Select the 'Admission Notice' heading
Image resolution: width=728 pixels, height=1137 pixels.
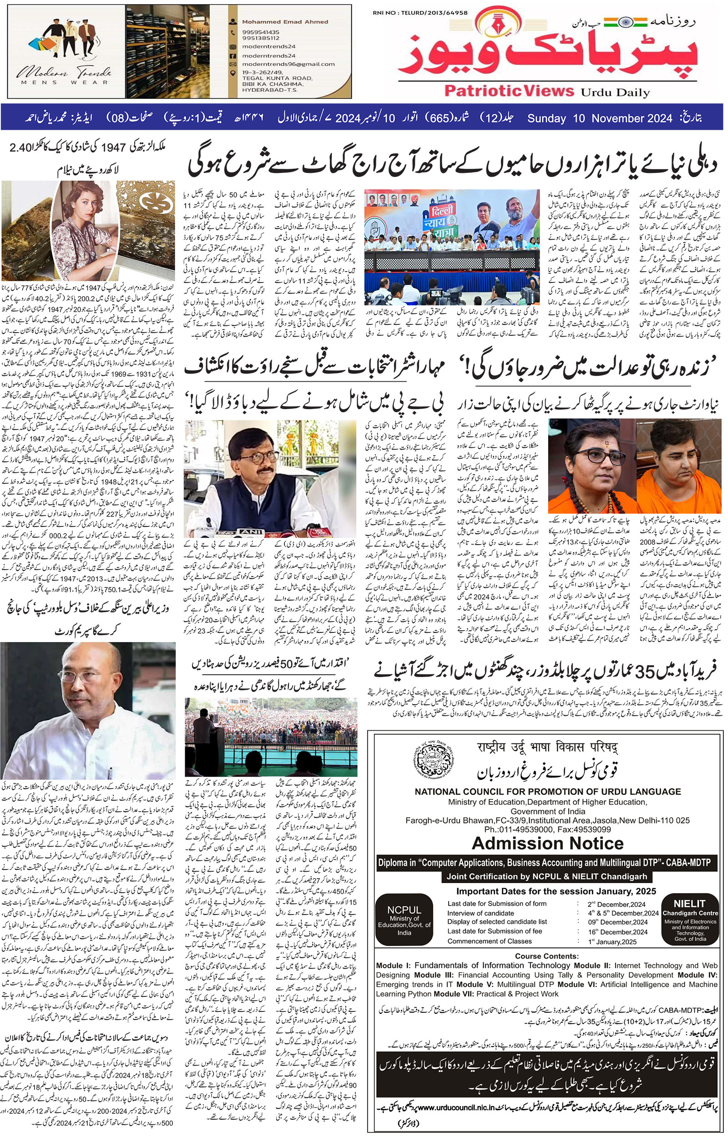(547, 843)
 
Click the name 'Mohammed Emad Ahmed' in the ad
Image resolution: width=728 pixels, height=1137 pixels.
(284, 21)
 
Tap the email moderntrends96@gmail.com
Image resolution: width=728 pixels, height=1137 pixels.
(288, 64)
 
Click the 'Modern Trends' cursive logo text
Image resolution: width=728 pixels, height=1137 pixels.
(64, 72)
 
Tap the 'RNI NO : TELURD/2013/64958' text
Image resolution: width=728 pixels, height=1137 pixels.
(420, 13)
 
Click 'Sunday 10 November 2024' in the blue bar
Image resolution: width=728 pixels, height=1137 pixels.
(599, 118)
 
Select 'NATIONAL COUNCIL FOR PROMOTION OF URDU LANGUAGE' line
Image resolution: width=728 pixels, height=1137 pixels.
(547, 792)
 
